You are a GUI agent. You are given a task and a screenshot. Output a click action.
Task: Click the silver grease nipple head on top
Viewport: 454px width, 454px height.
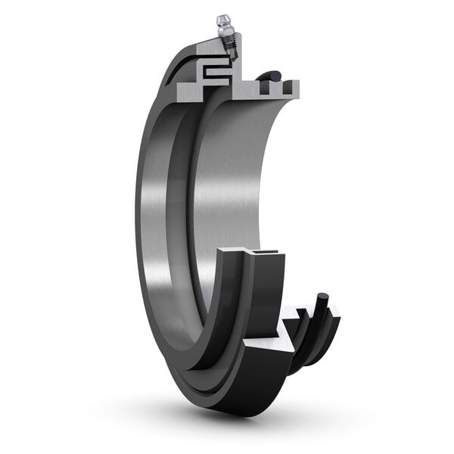coord(222,20)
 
